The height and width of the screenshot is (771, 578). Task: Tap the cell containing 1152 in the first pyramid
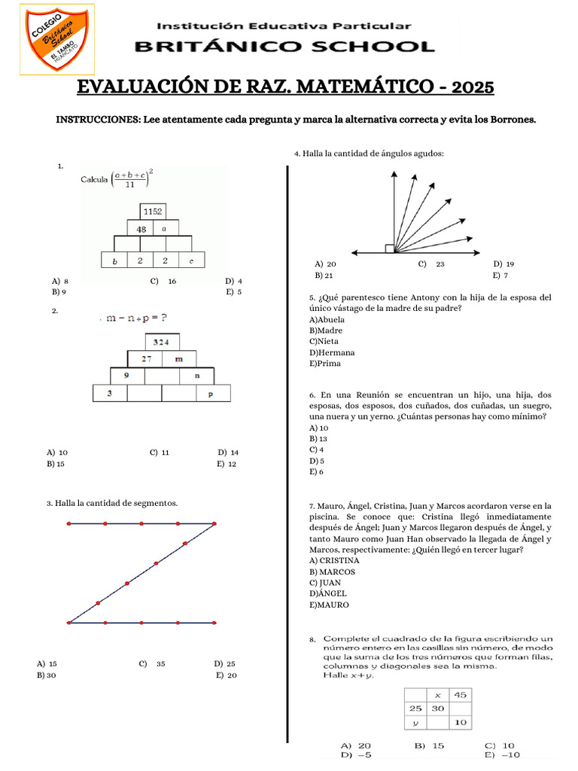tap(153, 212)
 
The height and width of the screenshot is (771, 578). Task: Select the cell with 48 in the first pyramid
tap(140, 228)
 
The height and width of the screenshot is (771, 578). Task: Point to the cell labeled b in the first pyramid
tap(114, 261)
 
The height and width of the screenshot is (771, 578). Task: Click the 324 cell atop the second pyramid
tap(161, 342)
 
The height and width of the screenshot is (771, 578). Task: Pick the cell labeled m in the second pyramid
tap(178, 358)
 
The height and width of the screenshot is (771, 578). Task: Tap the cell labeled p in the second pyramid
tap(210, 392)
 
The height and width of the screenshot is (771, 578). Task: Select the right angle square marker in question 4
tap(389, 248)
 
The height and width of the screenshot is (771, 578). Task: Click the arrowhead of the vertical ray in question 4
tap(392, 175)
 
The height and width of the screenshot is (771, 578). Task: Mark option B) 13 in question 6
tap(318, 438)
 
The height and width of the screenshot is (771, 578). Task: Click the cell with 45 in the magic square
tap(460, 694)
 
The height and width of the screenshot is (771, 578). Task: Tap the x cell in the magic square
tap(437, 694)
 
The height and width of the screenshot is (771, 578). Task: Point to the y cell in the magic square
tap(415, 723)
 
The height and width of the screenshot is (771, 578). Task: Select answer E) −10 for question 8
tap(502, 754)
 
